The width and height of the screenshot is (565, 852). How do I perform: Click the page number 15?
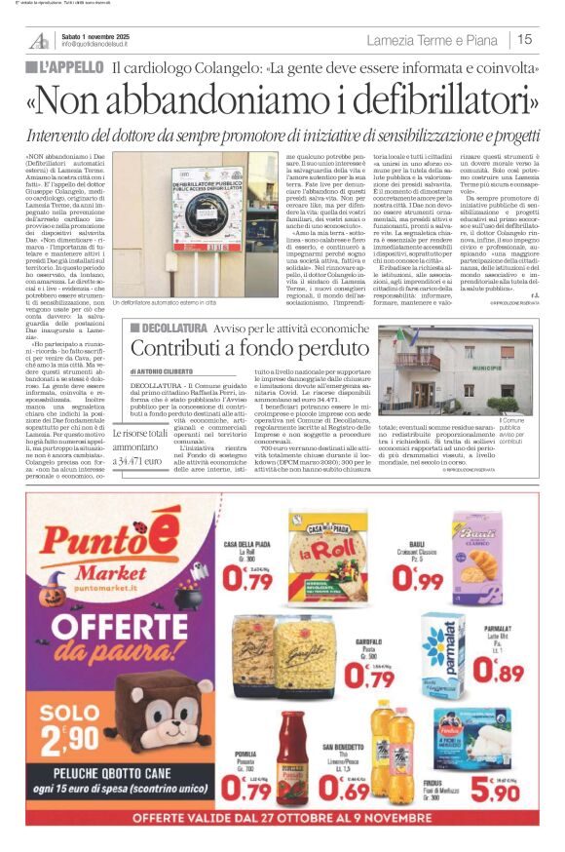[525, 39]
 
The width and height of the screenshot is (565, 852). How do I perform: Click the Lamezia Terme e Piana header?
[433, 40]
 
